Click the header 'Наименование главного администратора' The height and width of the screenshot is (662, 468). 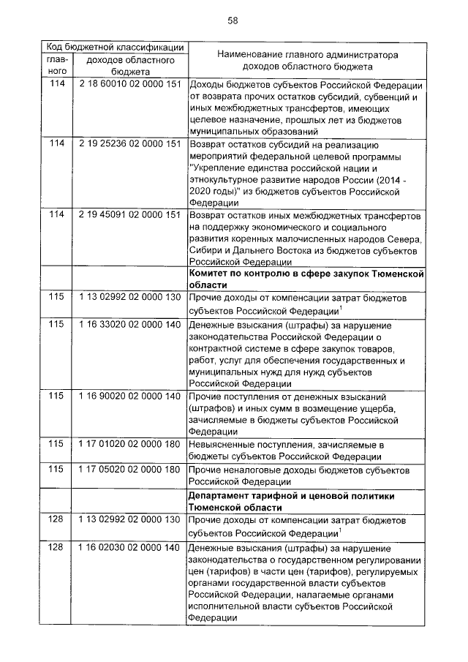[x=308, y=54]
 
